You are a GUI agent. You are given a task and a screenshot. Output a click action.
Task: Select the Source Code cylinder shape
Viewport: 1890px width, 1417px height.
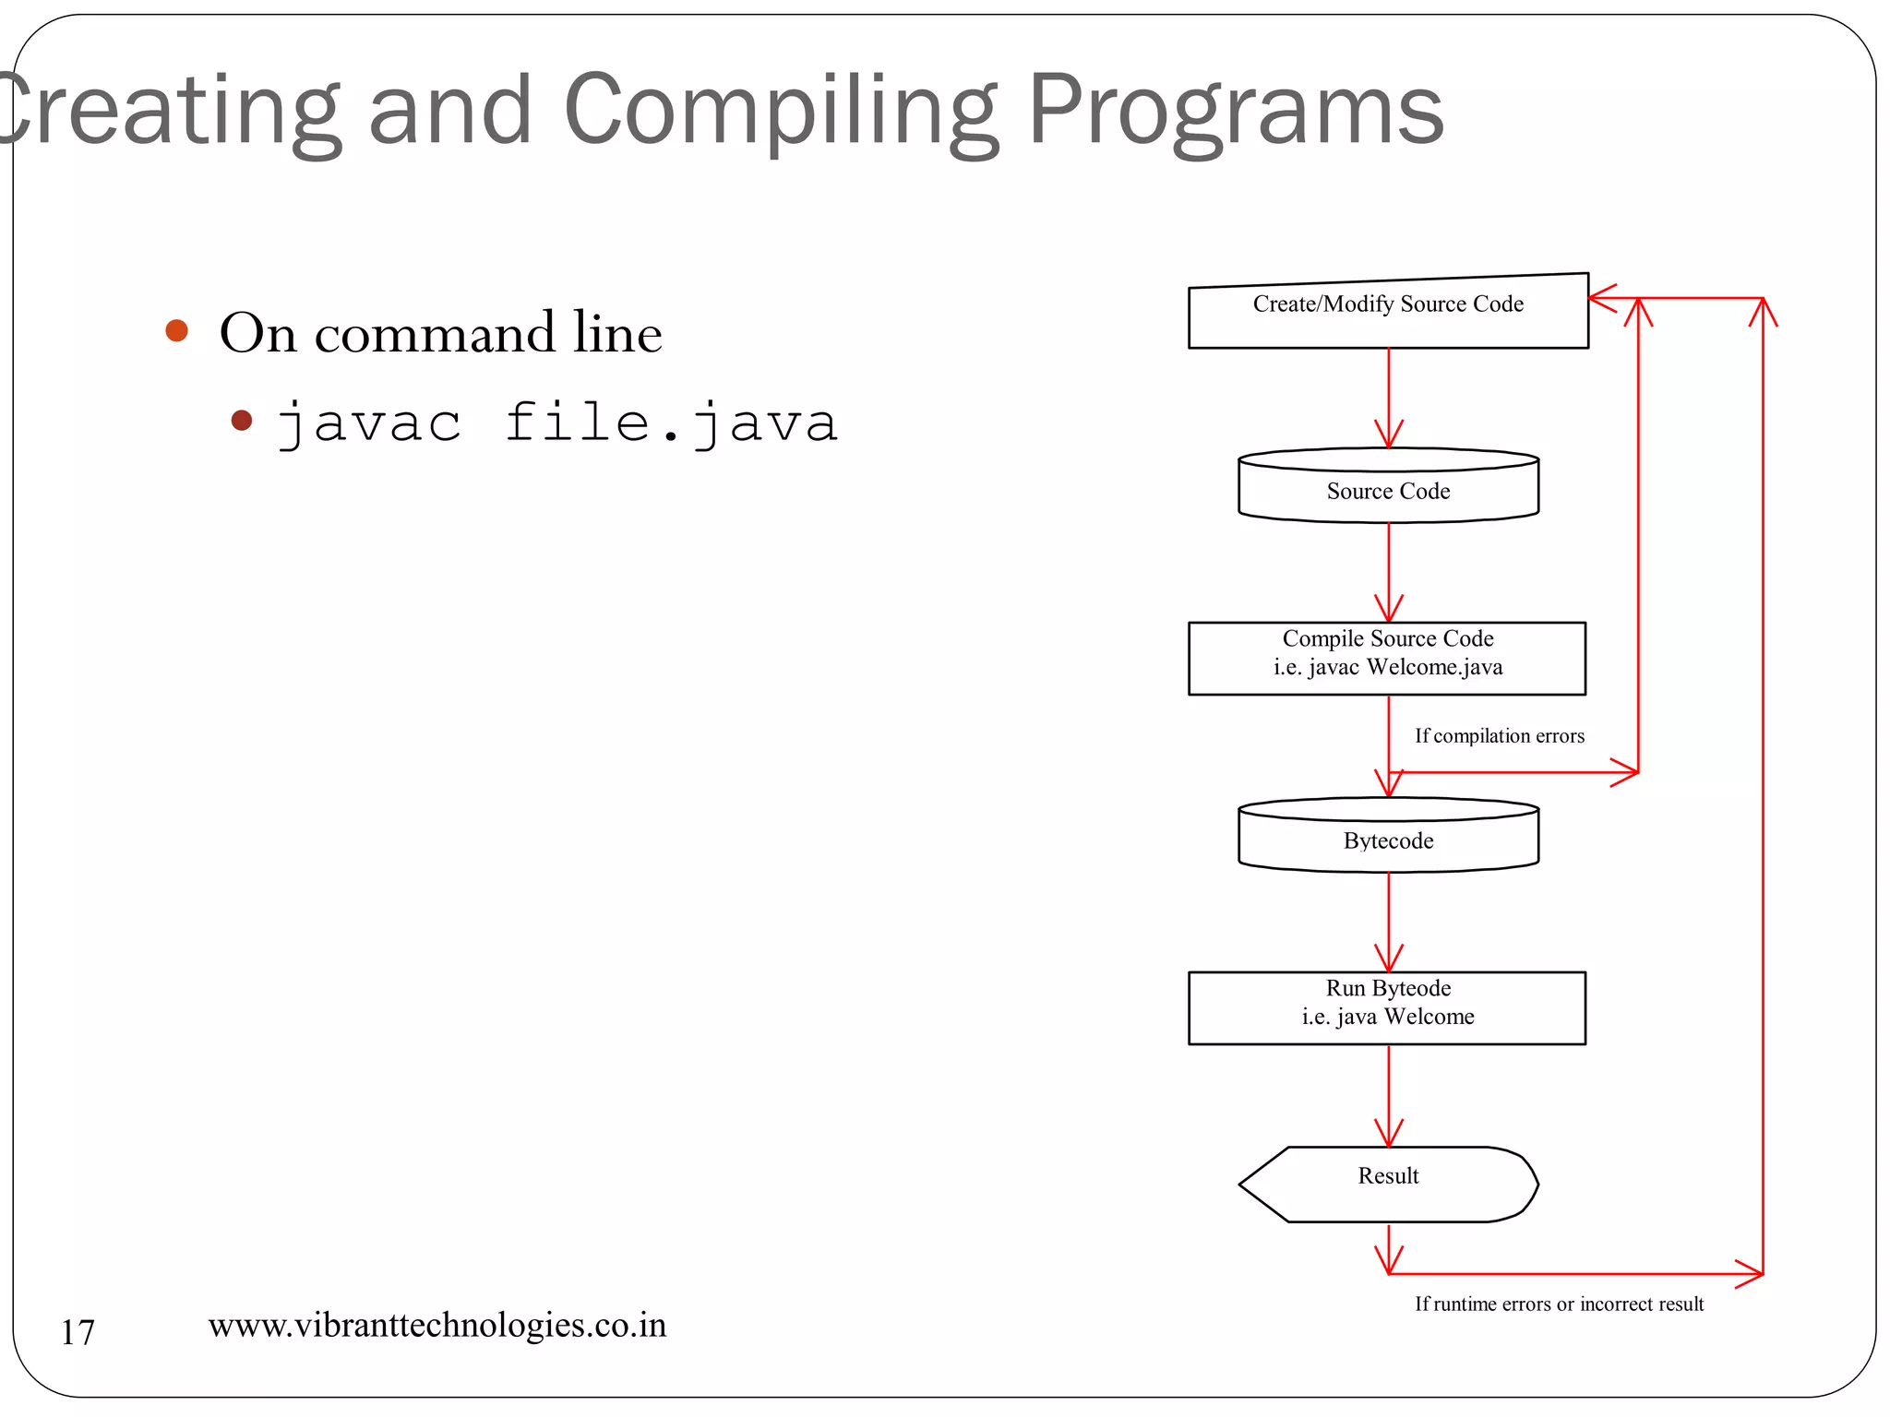pos(1388,487)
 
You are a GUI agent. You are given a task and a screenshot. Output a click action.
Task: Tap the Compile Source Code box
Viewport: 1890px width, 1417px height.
pos(1387,658)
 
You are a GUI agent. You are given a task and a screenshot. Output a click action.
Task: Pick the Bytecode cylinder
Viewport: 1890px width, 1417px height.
pos(1388,837)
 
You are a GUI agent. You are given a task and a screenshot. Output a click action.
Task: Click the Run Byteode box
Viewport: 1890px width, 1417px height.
pos(1387,1007)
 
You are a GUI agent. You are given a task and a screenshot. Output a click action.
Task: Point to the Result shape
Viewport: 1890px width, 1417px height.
pos(1388,1184)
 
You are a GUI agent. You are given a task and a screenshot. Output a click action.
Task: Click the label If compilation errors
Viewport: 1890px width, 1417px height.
pos(1499,736)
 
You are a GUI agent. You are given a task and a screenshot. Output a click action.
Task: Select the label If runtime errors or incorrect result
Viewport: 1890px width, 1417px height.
pos(1559,1304)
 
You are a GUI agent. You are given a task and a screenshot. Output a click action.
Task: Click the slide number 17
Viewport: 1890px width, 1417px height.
pos(78,1332)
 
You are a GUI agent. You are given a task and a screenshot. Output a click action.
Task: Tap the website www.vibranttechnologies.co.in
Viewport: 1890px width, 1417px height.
pos(437,1325)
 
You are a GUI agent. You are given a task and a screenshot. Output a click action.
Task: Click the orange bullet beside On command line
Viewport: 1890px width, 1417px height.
pos(176,330)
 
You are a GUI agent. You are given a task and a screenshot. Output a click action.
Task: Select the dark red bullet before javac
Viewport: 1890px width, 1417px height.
pos(242,421)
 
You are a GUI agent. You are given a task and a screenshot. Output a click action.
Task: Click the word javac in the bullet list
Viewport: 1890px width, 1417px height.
pos(370,424)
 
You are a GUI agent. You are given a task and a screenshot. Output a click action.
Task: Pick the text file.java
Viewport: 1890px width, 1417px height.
pos(671,424)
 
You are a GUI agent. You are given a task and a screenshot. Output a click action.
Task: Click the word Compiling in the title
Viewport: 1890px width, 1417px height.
pos(780,111)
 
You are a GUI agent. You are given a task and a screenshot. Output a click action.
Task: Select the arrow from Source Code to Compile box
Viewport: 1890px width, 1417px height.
pos(1389,572)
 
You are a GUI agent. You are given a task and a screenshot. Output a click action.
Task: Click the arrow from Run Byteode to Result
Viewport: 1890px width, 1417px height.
pos(1389,1095)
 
